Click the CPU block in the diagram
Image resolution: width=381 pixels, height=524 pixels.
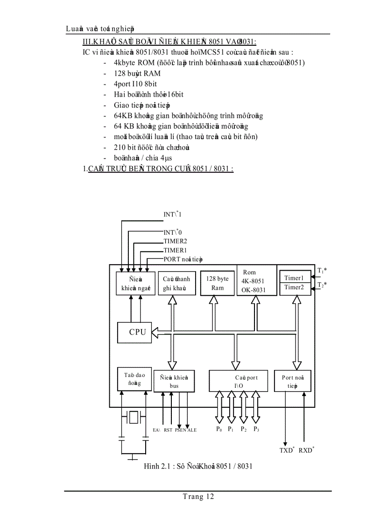coord(134,332)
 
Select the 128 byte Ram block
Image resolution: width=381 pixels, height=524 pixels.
coord(217,283)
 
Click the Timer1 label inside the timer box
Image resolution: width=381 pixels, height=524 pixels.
coord(294,278)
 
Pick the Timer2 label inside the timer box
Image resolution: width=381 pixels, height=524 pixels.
coord(294,287)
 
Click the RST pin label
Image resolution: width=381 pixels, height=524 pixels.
coord(168,430)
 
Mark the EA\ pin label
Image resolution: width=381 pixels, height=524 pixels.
coord(156,430)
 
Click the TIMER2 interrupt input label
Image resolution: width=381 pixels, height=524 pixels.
coord(175,241)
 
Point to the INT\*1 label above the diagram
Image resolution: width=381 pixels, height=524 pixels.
coord(172,214)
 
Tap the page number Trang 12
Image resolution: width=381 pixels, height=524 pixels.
coord(198,497)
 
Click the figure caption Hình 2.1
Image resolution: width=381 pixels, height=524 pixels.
coord(198,466)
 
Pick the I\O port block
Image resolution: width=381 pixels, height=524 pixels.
coord(239,381)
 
